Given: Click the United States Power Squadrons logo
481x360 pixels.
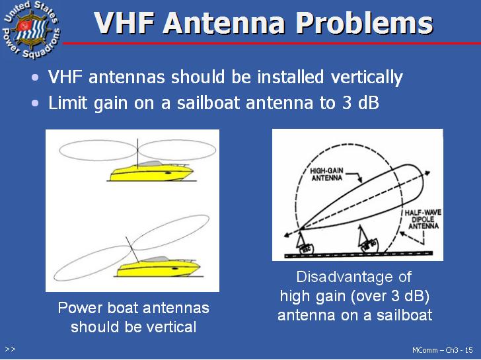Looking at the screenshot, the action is click(x=31, y=30).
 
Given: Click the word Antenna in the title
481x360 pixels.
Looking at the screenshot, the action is click(x=224, y=23).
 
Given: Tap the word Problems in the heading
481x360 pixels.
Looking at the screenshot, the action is click(x=365, y=23).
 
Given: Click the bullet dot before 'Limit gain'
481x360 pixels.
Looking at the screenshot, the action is click(x=35, y=103).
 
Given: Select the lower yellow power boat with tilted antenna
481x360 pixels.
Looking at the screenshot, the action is click(x=159, y=267).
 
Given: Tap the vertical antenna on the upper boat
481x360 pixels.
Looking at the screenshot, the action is click(x=137, y=154).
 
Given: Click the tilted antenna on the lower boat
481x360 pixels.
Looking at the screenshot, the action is click(x=132, y=250).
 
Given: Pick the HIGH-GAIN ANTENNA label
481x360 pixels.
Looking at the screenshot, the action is click(x=326, y=174).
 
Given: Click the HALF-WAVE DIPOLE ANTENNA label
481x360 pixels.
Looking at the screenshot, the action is click(x=423, y=219).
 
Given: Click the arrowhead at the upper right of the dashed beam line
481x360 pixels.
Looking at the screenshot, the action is click(x=426, y=173).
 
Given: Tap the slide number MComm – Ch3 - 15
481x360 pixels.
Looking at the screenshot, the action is click(x=443, y=350).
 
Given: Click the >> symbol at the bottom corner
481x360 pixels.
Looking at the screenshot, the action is click(x=10, y=349).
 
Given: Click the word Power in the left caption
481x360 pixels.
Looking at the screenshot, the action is click(x=81, y=308).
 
